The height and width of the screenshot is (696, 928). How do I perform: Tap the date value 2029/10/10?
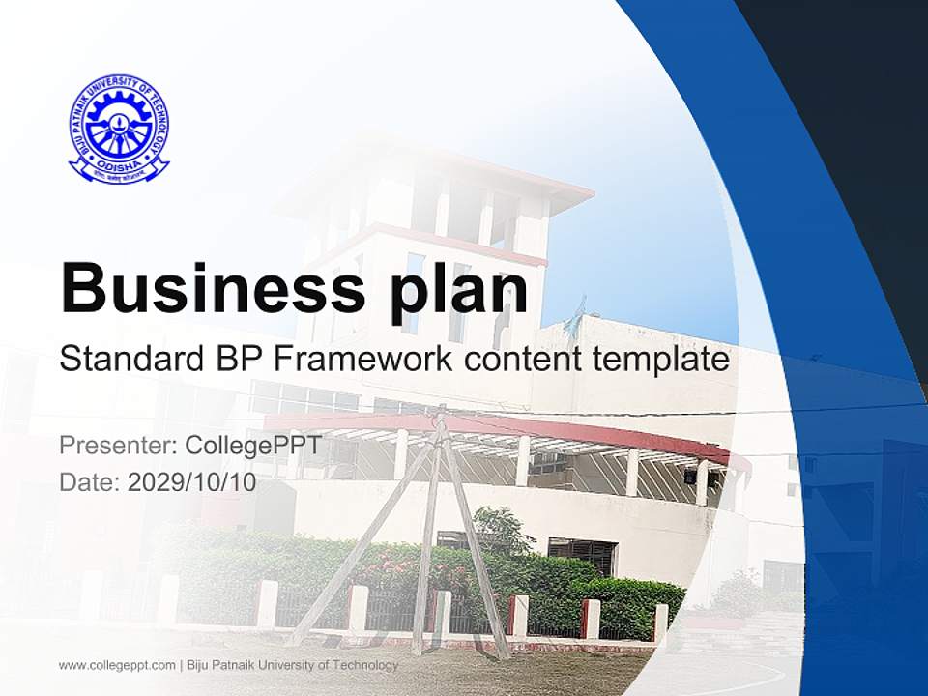pos(192,482)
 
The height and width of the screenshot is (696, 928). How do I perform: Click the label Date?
pos(90,482)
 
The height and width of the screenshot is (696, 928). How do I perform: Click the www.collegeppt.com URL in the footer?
pos(117,665)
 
